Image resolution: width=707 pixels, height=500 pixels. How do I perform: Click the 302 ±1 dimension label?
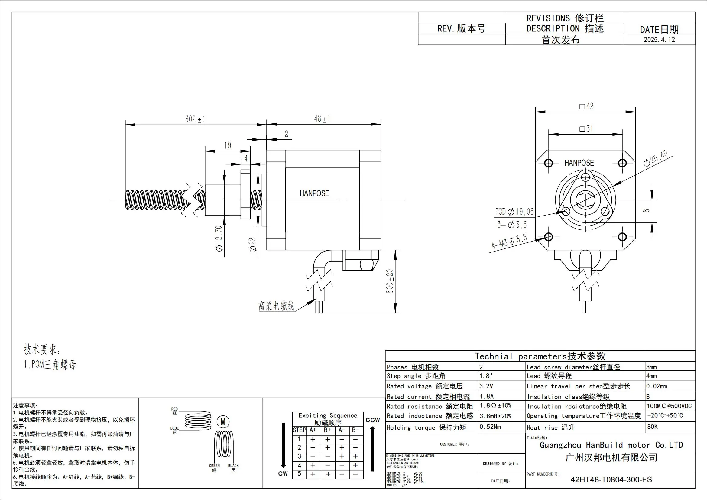pos(195,119)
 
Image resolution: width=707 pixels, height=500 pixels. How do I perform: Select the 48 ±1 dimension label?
pos(322,119)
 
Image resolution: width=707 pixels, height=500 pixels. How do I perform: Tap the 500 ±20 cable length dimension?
pos(390,281)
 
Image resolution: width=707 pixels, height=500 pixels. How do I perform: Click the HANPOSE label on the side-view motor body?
pos(314,193)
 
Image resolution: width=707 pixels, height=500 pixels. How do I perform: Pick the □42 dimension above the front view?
pos(586,106)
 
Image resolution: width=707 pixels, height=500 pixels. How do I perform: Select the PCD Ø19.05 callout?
pos(514,212)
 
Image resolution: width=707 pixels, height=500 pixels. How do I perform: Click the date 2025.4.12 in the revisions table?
pos(659,40)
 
